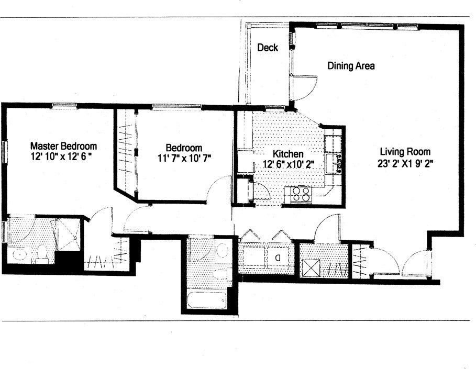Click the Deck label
[x=268, y=47]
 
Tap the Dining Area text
[x=351, y=65]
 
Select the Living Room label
[x=405, y=151]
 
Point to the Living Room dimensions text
[x=405, y=163]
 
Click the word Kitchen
[x=288, y=153]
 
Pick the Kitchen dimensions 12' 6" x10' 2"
[x=288, y=164]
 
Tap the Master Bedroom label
[x=63, y=146]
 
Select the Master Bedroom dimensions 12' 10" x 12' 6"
[x=61, y=157]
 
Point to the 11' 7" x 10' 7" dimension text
[x=184, y=158]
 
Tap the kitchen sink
[x=333, y=163]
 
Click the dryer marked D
[x=278, y=258]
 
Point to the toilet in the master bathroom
[x=41, y=254]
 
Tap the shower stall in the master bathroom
[x=69, y=234]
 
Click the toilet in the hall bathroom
[x=220, y=274]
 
